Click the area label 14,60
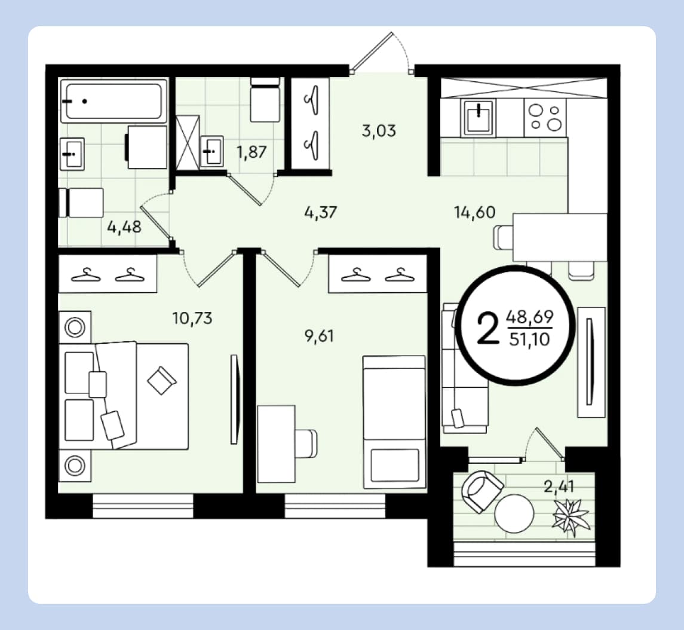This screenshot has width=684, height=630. [x=474, y=213]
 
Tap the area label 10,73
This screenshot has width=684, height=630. [x=192, y=318]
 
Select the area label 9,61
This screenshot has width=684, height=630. [x=319, y=336]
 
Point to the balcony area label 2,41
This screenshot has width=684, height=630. [x=559, y=486]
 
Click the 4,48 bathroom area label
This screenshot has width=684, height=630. [x=124, y=227]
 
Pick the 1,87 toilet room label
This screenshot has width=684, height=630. [x=251, y=152]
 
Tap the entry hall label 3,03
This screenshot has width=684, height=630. [x=379, y=130]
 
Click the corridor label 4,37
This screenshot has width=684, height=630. [x=321, y=213]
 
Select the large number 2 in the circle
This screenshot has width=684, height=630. [x=488, y=328]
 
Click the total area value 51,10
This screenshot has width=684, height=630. [x=529, y=340]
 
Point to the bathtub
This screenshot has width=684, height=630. [x=114, y=101]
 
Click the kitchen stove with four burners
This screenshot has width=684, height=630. [x=545, y=117]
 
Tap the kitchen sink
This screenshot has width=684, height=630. [x=479, y=117]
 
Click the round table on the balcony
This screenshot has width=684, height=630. [x=514, y=513]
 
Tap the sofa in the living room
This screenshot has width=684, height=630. [x=464, y=368]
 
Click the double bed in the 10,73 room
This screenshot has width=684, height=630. [x=124, y=396]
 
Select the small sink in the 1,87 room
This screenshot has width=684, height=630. [x=212, y=151]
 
